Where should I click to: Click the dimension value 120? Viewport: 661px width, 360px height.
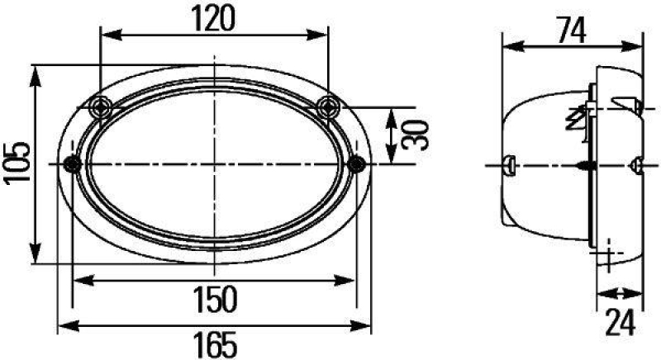(x=214, y=17)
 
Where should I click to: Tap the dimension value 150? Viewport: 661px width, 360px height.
(x=214, y=298)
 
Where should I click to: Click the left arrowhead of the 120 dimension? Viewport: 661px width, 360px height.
(x=105, y=36)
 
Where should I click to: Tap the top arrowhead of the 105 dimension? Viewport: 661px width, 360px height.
(x=36, y=73)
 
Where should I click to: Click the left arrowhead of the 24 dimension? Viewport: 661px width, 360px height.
(x=602, y=292)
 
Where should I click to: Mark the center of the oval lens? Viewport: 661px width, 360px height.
(x=214, y=164)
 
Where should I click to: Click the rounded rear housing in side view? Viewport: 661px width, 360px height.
(x=537, y=165)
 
